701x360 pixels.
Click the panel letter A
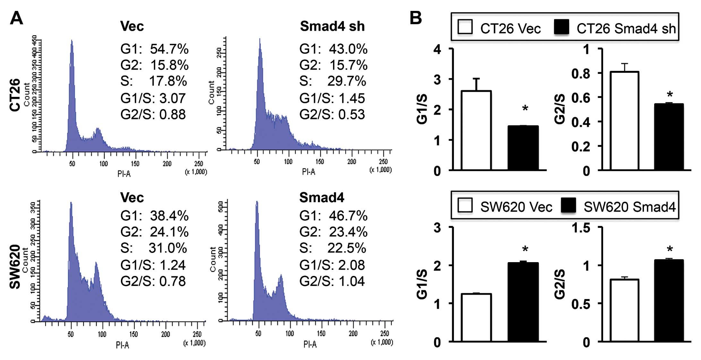point(16,18)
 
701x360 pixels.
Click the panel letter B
point(416,18)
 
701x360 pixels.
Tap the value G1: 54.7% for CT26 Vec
point(154,49)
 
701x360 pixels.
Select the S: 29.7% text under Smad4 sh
point(332,81)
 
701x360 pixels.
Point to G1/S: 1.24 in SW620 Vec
point(153,265)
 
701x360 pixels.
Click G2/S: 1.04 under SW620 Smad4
point(332,281)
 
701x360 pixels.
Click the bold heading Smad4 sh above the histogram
point(332,26)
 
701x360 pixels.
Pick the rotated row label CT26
point(15,95)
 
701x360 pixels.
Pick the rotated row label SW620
point(15,267)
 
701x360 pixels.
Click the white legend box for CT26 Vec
point(465,27)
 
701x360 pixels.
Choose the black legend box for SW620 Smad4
point(568,206)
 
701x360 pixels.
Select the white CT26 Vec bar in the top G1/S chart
point(476,130)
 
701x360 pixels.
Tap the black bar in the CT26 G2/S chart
point(669,136)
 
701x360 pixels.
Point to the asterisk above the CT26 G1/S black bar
point(525,108)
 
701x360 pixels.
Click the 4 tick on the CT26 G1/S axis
point(437,49)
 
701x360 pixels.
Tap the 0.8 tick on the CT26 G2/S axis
point(581,73)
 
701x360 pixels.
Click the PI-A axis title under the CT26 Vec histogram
point(124,174)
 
